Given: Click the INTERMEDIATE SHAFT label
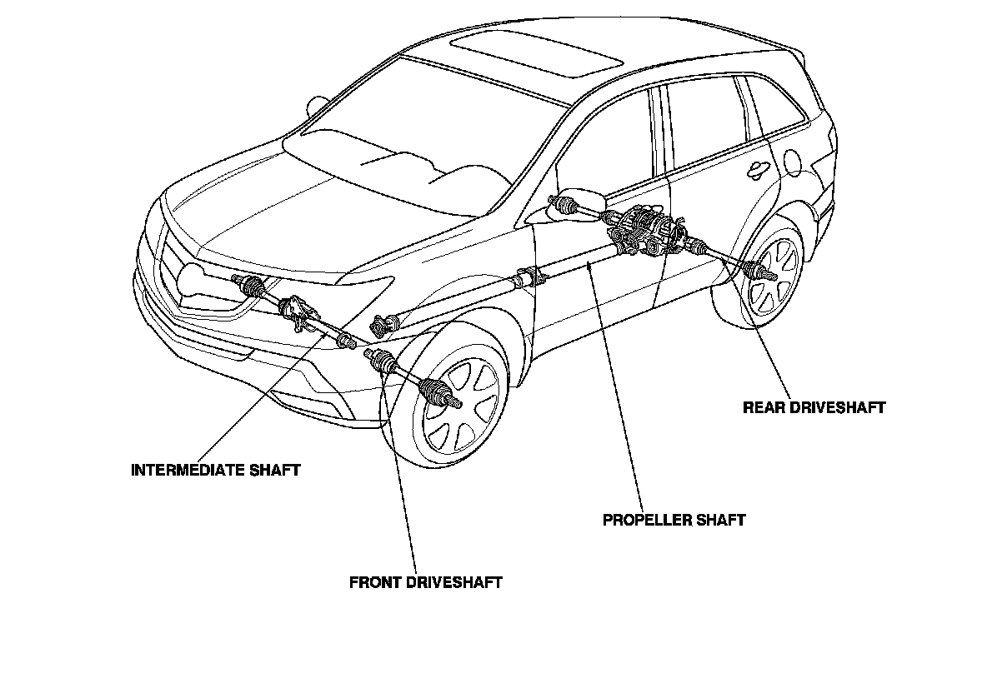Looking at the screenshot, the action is (216, 470).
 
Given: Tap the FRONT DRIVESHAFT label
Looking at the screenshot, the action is (425, 582).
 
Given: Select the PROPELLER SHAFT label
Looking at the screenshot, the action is (674, 520).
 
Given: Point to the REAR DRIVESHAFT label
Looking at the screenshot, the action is (814, 407).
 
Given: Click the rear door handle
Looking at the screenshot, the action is (757, 168).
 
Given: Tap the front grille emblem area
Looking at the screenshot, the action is (192, 279).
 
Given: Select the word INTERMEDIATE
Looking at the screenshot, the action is (187, 470).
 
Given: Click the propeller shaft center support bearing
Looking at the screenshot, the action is (528, 276).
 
